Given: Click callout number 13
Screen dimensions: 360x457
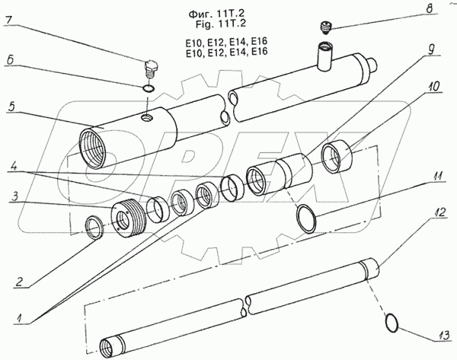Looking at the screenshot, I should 442,334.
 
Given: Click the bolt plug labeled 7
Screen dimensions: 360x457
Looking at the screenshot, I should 150,71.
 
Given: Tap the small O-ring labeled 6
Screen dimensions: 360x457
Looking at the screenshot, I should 150,90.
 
